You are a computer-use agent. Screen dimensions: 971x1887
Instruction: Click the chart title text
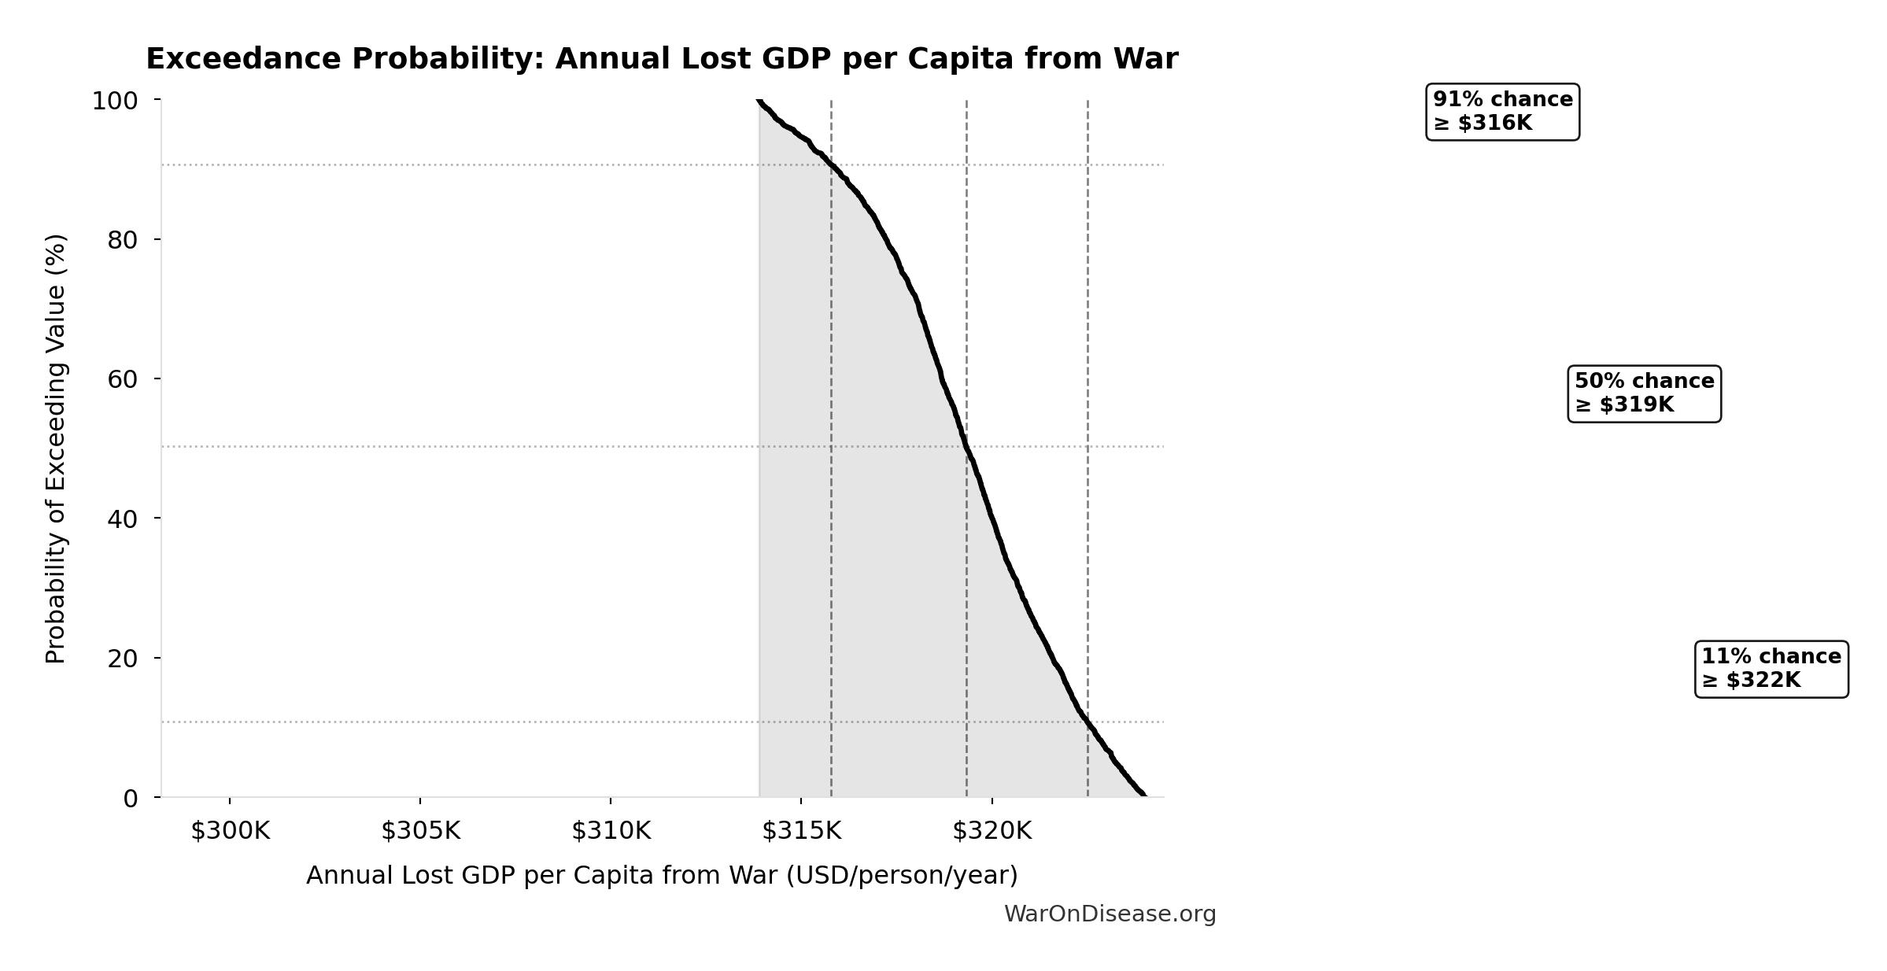tap(662, 60)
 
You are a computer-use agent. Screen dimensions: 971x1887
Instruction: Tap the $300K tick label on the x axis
tap(230, 832)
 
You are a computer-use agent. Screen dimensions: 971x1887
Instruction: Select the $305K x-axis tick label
tap(420, 832)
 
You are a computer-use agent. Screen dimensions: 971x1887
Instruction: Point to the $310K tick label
tap(611, 832)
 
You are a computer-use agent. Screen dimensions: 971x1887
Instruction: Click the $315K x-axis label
tap(801, 832)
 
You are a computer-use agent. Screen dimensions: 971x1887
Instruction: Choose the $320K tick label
tap(992, 832)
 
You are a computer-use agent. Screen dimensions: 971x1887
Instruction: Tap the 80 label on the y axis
tap(122, 240)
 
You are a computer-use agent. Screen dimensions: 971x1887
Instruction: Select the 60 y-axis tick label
tap(122, 379)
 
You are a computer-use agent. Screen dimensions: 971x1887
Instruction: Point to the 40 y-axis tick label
tap(122, 519)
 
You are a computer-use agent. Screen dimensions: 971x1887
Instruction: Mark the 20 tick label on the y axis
tap(122, 659)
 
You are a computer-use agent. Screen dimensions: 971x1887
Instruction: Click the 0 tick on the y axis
tap(130, 799)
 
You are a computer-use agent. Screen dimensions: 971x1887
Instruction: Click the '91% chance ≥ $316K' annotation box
tap(1502, 112)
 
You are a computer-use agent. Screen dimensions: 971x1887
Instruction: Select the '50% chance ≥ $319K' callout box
tap(1644, 393)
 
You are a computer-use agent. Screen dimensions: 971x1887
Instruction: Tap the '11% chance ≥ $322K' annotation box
tap(1771, 669)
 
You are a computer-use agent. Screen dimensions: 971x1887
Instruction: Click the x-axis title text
tap(662, 876)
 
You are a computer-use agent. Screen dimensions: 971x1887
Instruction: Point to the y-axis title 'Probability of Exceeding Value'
tap(56, 449)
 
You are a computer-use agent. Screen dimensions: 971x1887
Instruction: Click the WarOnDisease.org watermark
tap(1110, 914)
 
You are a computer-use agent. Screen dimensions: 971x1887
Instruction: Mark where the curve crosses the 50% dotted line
tap(966, 446)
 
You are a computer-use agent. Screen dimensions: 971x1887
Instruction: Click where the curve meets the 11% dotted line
tap(1087, 722)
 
